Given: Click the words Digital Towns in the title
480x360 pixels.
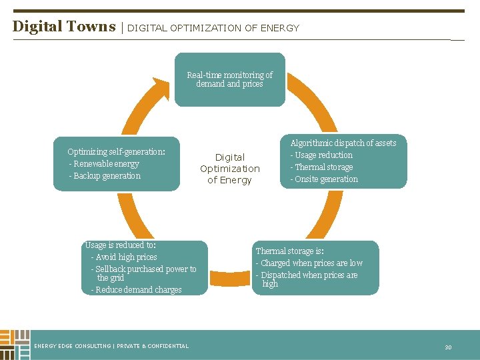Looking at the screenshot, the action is (x=64, y=27).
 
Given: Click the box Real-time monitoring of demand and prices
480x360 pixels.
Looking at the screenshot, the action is (x=229, y=79).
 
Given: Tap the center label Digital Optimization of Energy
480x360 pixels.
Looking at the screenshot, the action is (x=230, y=169).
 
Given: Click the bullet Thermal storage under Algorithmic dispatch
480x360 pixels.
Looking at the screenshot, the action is (x=323, y=167).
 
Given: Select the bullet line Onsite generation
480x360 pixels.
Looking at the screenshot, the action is (x=325, y=179).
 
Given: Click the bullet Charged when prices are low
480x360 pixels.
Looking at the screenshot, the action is (x=311, y=263).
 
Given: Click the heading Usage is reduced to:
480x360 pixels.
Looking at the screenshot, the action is (x=121, y=245).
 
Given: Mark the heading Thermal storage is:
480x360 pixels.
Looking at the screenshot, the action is (x=290, y=251).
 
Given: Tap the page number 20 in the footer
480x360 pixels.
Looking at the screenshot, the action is (x=448, y=347).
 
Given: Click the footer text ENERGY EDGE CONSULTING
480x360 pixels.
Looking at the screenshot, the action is (x=73, y=346).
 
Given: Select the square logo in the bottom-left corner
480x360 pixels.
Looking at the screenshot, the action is (x=15, y=344).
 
